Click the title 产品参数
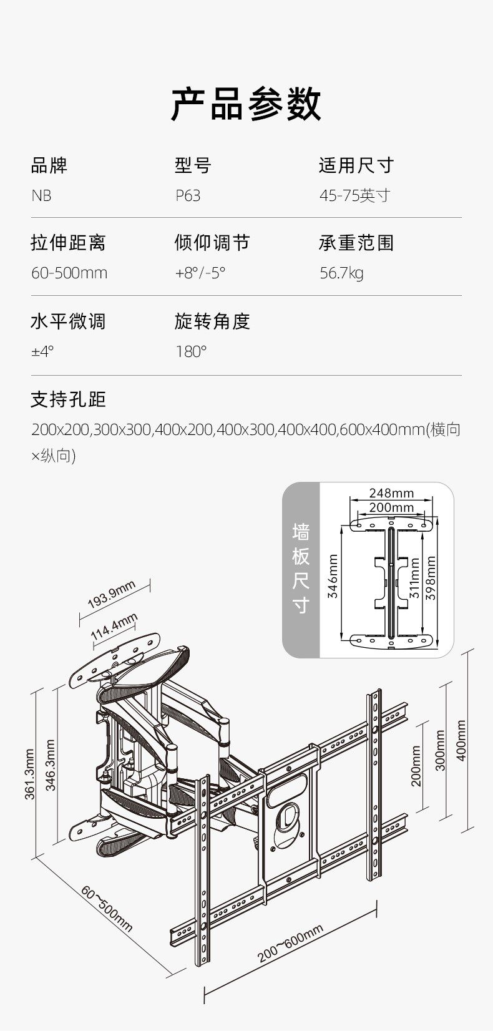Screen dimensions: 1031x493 coord(246,104)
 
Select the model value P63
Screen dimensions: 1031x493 coord(187,196)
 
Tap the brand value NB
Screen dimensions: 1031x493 coord(41,196)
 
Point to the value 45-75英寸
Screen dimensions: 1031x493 coord(354,196)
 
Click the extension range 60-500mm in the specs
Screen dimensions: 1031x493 coord(69,273)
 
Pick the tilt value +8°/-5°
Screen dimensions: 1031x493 coord(200,273)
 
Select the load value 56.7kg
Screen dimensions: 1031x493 coord(341,273)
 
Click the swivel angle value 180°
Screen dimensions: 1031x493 coord(190,352)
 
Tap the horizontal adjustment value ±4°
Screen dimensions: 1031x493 coord(42,352)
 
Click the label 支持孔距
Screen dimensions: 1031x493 coord(69,399)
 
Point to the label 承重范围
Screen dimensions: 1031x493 coord(356,243)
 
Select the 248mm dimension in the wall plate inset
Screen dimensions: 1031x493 coord(391,493)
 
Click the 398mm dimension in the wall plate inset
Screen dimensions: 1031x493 coord(431,578)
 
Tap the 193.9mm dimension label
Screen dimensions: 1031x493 coord(112,595)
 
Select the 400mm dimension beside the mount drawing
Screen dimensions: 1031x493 coord(461,740)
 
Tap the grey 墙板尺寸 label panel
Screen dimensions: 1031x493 coord(301,569)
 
